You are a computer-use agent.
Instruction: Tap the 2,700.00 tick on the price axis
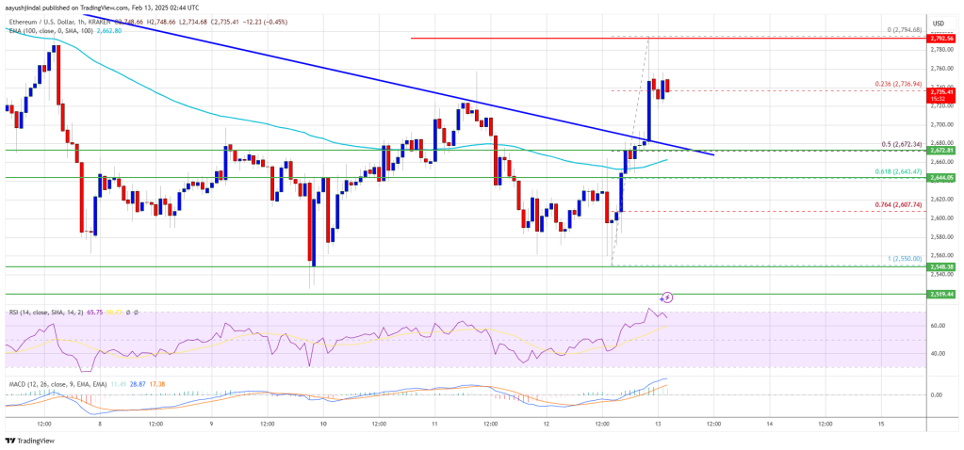[x=939, y=123]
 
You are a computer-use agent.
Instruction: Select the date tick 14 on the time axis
[x=770, y=423]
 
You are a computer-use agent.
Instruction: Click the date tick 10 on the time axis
[x=323, y=423]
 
